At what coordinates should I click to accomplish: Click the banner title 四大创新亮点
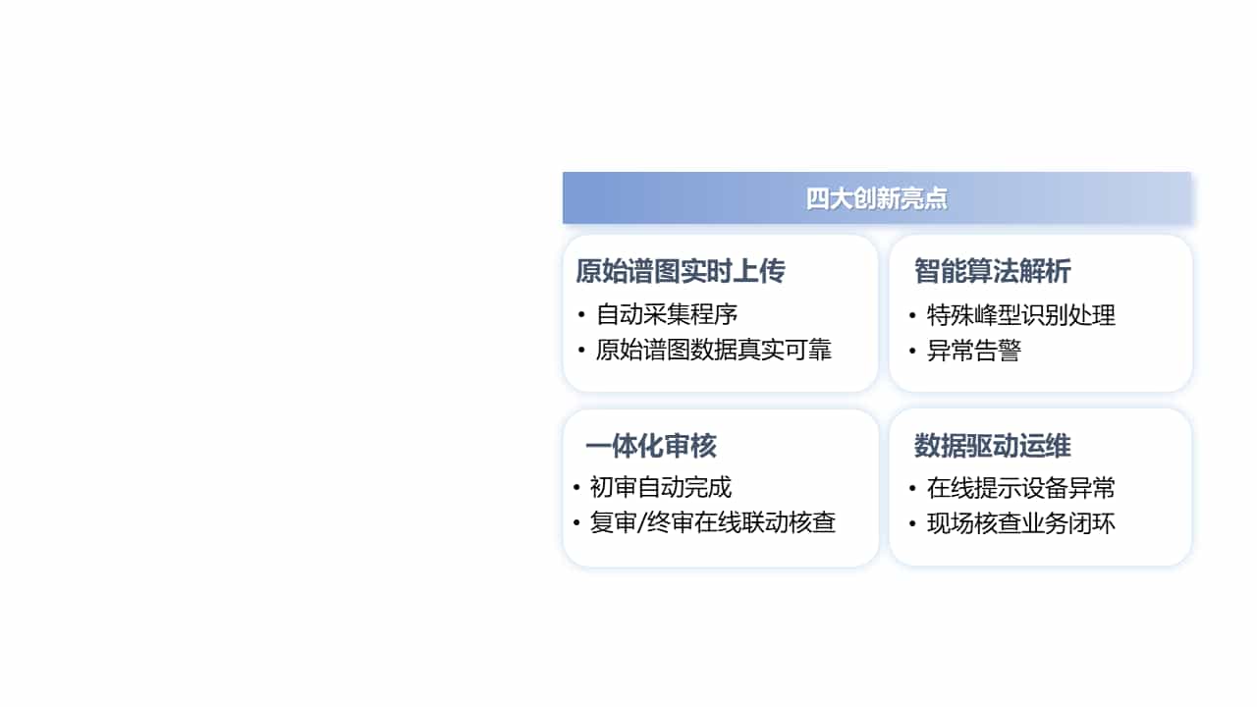(x=876, y=198)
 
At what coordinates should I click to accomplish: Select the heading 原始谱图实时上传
(x=680, y=272)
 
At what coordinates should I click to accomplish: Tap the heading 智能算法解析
(x=992, y=272)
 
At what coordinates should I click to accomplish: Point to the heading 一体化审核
(x=650, y=447)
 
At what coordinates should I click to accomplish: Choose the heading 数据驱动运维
(x=992, y=447)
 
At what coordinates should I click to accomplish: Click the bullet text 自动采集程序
(x=667, y=315)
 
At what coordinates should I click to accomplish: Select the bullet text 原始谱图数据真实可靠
(x=714, y=351)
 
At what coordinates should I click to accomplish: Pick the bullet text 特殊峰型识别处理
(x=1020, y=315)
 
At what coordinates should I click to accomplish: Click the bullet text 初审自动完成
(x=660, y=487)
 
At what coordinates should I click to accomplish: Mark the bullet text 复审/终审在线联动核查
(x=712, y=523)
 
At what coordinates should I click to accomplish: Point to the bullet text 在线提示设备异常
(x=1020, y=488)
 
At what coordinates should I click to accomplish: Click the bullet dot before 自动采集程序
(x=582, y=315)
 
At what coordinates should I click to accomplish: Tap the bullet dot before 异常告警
(x=913, y=352)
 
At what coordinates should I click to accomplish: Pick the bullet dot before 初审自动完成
(x=576, y=487)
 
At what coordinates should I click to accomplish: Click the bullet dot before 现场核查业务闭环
(x=913, y=524)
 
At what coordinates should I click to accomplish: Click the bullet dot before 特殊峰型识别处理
(x=913, y=315)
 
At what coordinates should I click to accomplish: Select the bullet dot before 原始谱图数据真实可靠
(x=582, y=351)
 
